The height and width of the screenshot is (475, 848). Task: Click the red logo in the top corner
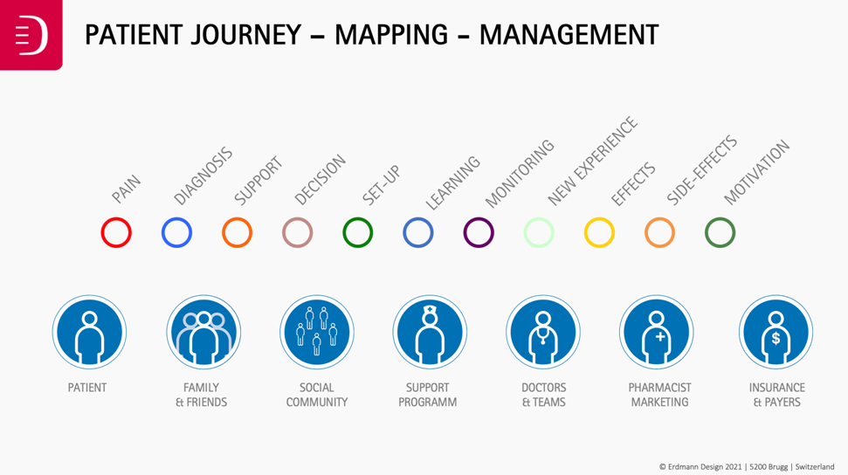point(31,35)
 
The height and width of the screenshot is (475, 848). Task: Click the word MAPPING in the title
point(391,35)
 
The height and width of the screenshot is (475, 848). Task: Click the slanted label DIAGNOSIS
point(203,176)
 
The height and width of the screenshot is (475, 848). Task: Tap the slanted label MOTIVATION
point(756,173)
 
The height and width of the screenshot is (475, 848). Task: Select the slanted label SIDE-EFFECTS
point(701,170)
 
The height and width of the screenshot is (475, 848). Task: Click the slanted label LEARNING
point(452,182)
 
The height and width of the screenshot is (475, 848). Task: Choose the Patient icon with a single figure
point(89,332)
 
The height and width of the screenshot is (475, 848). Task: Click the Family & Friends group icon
point(203,332)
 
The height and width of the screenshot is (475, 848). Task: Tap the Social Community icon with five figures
point(317,332)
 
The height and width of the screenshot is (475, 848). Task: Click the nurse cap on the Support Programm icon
point(430,310)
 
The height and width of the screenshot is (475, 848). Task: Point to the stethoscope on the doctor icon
point(541,335)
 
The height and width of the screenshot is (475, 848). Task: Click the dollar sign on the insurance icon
point(776,339)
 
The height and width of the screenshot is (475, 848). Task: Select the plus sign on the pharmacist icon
point(659,337)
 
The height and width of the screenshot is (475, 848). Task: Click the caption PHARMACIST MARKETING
point(659,395)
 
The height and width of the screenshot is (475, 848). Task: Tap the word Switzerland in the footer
point(815,466)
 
